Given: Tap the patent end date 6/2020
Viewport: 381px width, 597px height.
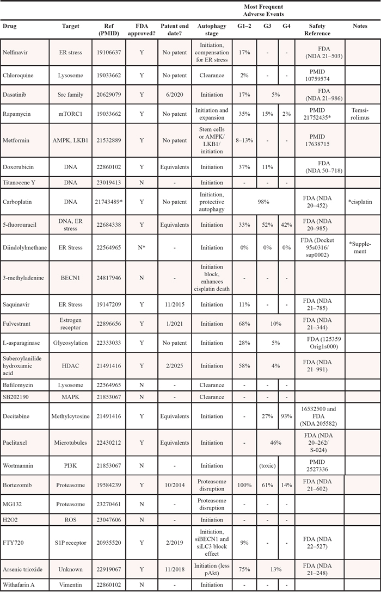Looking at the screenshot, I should pyautogui.click(x=174, y=94).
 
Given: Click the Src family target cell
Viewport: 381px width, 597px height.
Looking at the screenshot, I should pyautogui.click(x=71, y=94).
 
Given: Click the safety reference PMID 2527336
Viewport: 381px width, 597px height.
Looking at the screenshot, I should pyautogui.click(x=321, y=465).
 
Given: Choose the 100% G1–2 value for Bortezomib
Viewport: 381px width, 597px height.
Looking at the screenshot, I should pyautogui.click(x=244, y=485).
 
